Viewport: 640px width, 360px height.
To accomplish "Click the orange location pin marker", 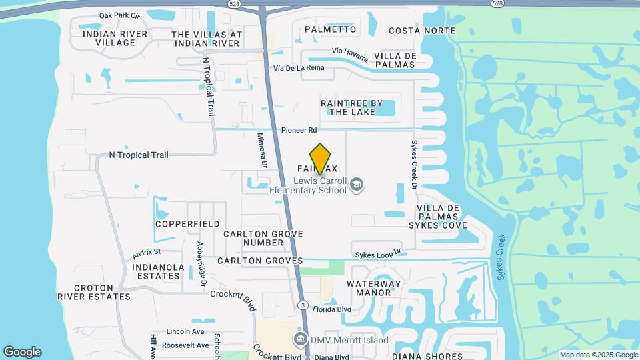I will [x=321, y=159].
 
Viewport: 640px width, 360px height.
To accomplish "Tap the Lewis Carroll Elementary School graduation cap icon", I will [x=357, y=185].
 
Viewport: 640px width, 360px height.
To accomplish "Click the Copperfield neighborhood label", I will [x=187, y=224].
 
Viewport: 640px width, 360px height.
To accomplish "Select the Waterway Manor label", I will [x=373, y=288].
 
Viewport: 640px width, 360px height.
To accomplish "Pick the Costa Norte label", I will [x=422, y=31].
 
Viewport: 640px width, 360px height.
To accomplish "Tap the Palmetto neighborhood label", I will [x=331, y=29].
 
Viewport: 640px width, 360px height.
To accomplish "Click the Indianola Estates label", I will [x=159, y=271].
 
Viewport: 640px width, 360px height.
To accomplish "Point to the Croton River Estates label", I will [x=93, y=292].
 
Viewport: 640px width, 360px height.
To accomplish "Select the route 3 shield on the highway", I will [x=303, y=305].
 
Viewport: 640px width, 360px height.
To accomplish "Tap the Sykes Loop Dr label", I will [x=379, y=253].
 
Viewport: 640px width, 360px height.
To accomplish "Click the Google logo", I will [x=22, y=352].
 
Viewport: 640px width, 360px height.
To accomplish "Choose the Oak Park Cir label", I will [x=119, y=15].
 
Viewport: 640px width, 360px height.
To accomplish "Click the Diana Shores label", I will [x=427, y=356].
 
